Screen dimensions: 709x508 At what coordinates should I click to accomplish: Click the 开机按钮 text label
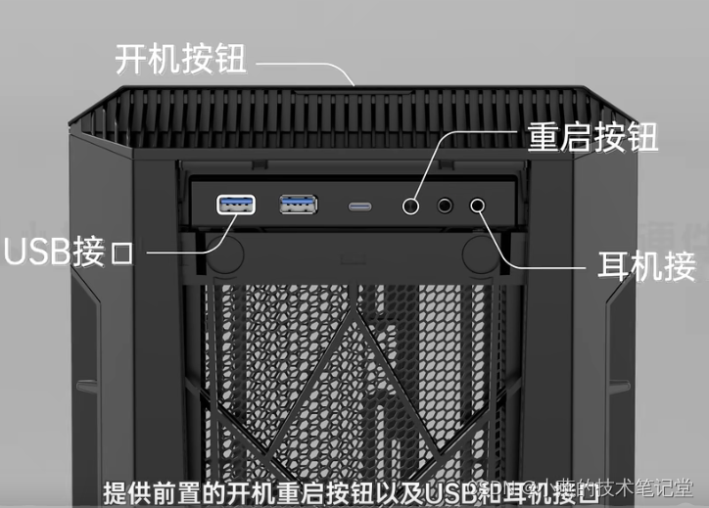(180, 60)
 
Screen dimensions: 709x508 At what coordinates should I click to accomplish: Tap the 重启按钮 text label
(592, 137)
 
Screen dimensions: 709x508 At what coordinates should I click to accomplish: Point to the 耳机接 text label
(646, 265)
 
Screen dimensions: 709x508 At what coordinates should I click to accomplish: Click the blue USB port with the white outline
(236, 205)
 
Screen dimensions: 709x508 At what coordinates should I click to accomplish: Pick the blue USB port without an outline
(299, 205)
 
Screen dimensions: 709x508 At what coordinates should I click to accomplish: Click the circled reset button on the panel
(412, 206)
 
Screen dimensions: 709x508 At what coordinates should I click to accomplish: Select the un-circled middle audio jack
(446, 206)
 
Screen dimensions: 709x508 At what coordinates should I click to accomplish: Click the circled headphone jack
(479, 205)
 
